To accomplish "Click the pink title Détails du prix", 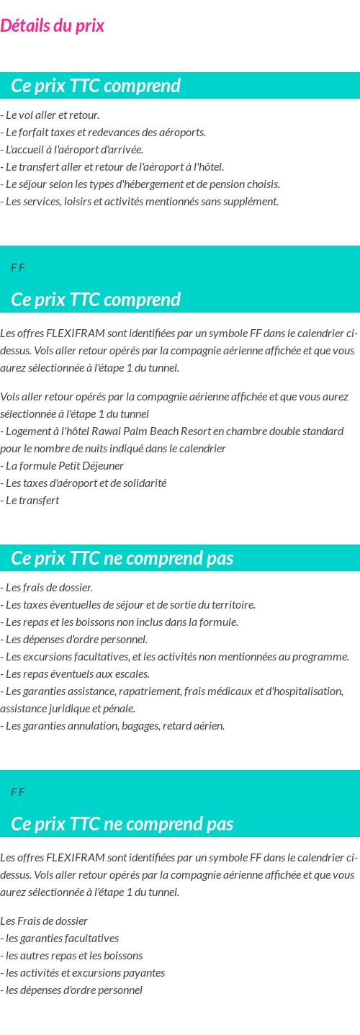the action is pos(53,26).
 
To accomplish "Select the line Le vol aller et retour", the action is pos(50,115).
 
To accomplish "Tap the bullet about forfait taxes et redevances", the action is pos(104,133).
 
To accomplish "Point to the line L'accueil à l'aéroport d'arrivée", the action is pos(73,150).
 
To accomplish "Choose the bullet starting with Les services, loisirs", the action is pos(140,202).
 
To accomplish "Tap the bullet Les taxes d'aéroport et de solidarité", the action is pos(84,483).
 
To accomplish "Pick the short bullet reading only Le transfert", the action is pos(30,501).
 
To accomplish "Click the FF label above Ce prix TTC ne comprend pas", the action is pos(18,792).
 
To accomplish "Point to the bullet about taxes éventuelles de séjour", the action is pos(129,605).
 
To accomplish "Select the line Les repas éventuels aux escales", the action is pos(76,674).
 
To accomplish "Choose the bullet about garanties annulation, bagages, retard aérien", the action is pos(113,726).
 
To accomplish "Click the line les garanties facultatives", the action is pos(60,938).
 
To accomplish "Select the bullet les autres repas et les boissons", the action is pos(72,956).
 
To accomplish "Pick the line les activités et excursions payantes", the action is pos(83,973).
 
